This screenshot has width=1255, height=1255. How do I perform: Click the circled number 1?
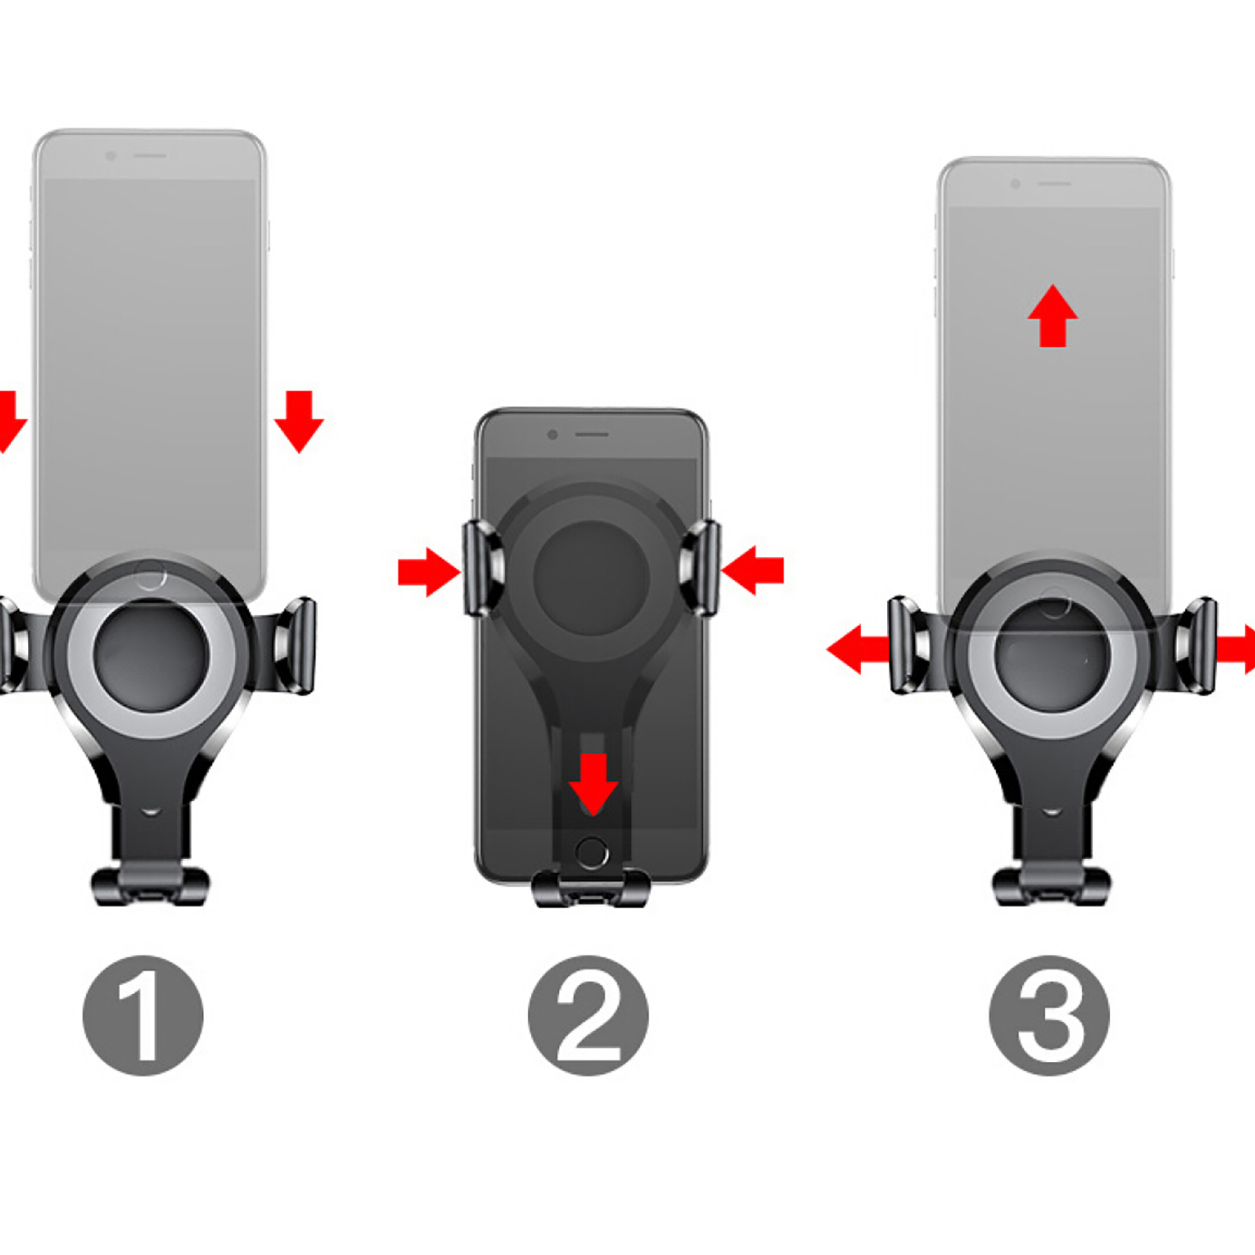click(143, 1015)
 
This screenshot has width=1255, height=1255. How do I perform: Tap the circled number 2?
click(588, 1015)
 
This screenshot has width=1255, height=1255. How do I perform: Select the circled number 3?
click(1049, 1015)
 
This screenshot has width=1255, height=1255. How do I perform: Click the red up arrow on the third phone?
click(1053, 315)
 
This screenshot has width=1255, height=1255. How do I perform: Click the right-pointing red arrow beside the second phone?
click(429, 572)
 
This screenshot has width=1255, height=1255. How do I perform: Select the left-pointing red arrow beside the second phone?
click(752, 570)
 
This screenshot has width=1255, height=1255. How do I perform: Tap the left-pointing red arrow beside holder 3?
click(858, 649)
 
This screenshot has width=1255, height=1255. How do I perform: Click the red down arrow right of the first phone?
click(299, 421)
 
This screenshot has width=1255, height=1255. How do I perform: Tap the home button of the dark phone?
click(591, 853)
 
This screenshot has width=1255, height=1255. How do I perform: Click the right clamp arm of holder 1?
click(292, 645)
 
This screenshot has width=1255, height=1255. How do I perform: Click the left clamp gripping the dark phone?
click(481, 567)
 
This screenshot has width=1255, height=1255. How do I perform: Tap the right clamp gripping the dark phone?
click(700, 567)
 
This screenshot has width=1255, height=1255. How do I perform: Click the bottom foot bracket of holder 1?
click(151, 886)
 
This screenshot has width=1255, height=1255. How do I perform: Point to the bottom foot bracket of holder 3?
click(1052, 886)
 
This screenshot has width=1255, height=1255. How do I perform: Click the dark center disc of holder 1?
click(151, 657)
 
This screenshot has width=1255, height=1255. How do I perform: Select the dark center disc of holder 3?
click(1052, 657)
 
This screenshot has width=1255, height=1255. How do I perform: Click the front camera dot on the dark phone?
click(553, 435)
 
